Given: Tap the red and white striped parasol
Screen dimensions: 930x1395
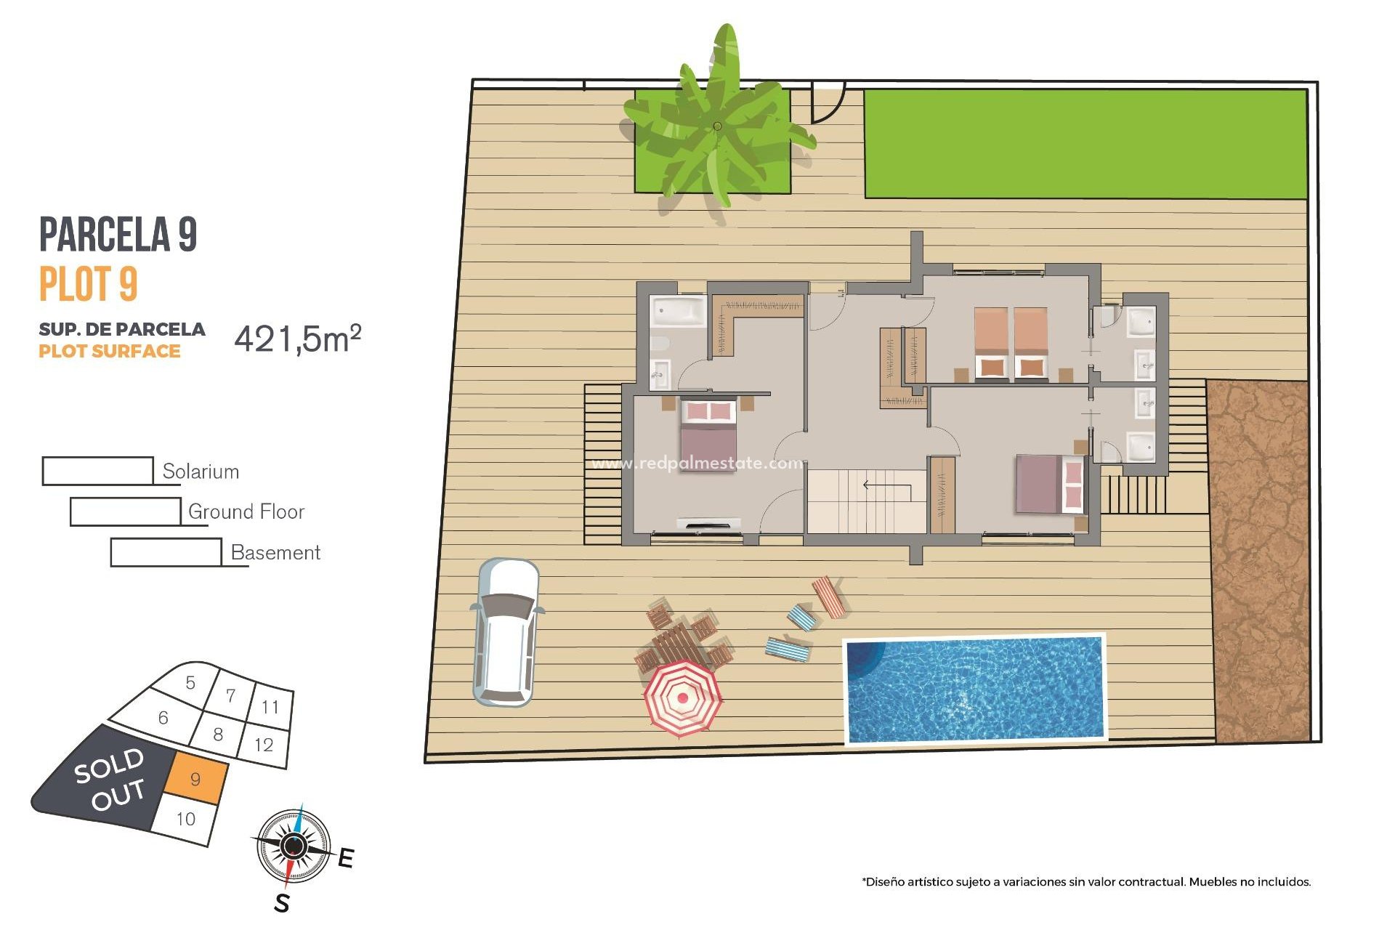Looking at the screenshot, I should tap(682, 697).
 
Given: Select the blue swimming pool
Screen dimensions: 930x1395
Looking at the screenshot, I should tap(974, 689).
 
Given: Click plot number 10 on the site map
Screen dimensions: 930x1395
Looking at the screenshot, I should tap(186, 820).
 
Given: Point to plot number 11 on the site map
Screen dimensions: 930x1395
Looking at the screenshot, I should tap(270, 707).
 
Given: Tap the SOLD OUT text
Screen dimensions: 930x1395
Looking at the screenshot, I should tap(110, 778).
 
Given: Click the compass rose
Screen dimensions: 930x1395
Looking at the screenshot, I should tap(294, 846).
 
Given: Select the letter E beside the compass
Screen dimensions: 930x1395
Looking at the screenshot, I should tap(346, 858).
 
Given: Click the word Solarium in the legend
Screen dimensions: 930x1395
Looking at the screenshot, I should tap(201, 472).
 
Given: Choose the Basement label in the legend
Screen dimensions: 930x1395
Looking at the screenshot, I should tap(275, 553).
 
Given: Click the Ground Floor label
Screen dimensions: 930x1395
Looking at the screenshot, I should tap(246, 512).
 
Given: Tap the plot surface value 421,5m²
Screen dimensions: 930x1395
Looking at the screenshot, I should tap(297, 339).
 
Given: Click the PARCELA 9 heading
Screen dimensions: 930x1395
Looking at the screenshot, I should tap(118, 234).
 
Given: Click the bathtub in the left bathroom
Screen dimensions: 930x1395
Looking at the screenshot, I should tap(678, 312).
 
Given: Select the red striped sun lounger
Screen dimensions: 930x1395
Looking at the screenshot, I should tap(829, 597).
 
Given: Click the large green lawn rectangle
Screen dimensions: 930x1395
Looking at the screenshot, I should tap(1085, 144).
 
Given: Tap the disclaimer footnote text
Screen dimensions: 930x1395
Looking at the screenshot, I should tap(1086, 882).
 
